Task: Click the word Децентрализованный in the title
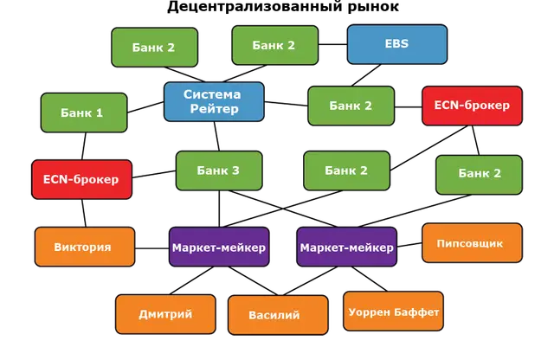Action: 254,7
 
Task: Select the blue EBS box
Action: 397,44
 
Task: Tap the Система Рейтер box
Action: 214,102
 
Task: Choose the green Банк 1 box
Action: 84,112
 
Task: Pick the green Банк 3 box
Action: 219,170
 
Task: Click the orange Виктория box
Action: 85,247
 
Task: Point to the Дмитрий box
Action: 165,314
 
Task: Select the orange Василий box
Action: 278,315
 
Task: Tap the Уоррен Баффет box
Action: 393,312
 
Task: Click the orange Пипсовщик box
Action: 472,242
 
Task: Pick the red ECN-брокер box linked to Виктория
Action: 81,179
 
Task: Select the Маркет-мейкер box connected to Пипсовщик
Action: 346,247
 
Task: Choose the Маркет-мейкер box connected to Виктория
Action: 219,247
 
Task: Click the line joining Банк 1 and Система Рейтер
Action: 145,107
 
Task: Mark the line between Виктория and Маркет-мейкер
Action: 152,248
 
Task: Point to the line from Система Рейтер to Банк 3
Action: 216,137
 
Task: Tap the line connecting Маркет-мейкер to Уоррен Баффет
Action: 370,280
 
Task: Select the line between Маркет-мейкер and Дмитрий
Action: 191,280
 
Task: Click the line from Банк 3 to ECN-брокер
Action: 154,174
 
